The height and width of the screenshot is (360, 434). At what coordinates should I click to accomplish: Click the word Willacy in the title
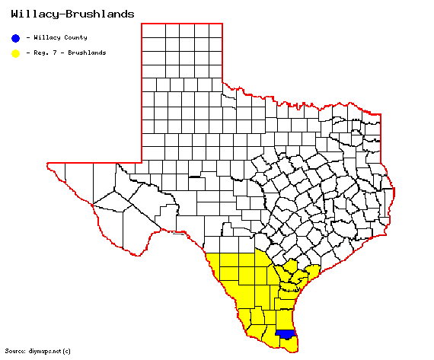[33, 14]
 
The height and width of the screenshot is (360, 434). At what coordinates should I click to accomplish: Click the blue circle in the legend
[15, 37]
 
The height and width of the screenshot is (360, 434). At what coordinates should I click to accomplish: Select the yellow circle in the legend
[15, 53]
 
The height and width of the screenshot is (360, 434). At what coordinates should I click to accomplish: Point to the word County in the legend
[75, 37]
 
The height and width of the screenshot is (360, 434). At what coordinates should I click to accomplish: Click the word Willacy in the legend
[46, 37]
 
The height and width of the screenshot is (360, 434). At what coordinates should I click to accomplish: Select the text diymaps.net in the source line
[44, 351]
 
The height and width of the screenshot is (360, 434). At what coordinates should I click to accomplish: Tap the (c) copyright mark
[67, 351]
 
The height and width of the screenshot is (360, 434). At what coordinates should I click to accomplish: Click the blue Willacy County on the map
[286, 334]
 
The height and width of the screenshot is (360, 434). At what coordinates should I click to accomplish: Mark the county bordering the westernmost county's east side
[84, 183]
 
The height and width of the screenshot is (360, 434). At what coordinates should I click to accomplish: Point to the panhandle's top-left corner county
[151, 30]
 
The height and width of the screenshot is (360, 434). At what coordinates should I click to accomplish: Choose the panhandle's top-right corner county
[215, 30]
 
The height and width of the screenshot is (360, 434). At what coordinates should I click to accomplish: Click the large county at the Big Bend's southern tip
[142, 228]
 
